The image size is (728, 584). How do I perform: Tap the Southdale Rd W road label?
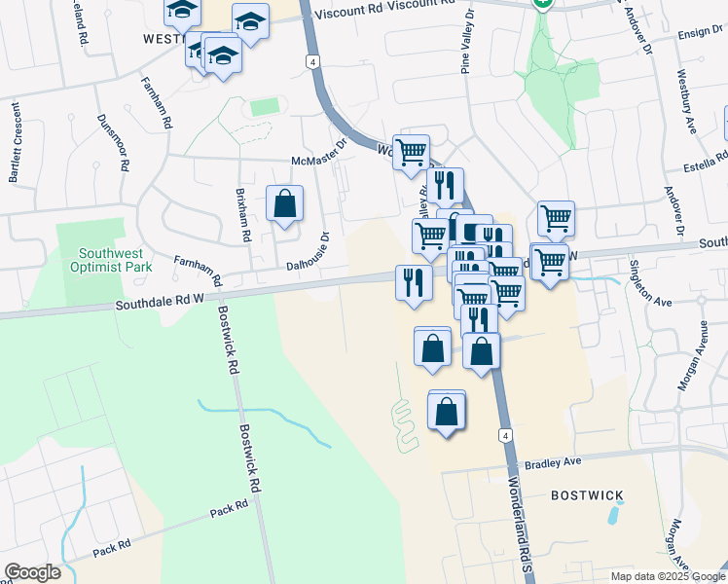point(162,304)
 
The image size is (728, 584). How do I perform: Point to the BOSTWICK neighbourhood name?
point(587,495)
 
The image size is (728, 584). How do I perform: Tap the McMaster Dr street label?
point(319,152)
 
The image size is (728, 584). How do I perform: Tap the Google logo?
point(32,572)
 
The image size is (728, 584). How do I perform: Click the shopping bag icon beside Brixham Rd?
point(284,204)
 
